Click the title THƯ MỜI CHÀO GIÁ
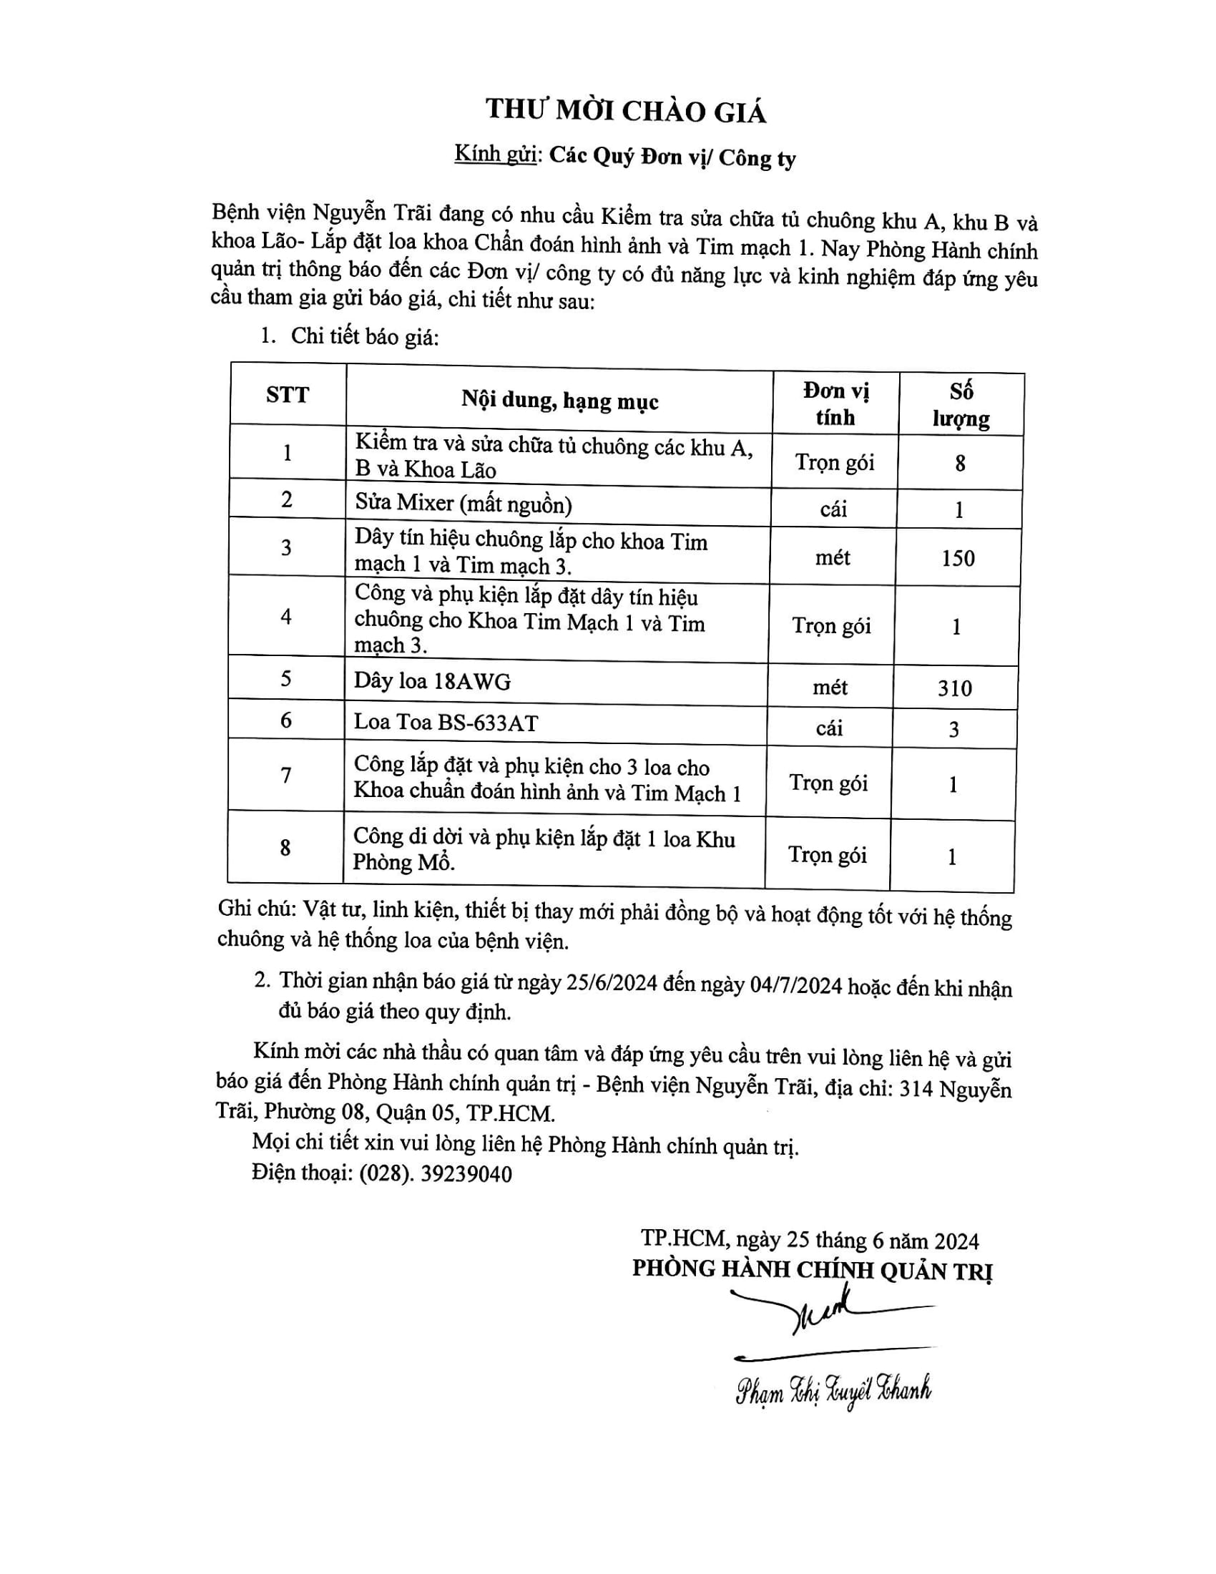point(625,110)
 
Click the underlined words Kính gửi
point(496,155)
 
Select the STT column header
point(288,395)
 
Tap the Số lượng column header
point(961,405)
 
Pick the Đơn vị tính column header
point(835,404)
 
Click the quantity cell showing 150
point(958,559)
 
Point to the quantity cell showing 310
point(955,688)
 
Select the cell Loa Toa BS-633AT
point(446,722)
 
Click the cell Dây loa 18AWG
point(432,681)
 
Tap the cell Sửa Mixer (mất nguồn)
point(464,503)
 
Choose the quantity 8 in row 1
point(960,464)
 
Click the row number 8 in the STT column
point(285,848)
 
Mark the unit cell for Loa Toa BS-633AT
point(829,728)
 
